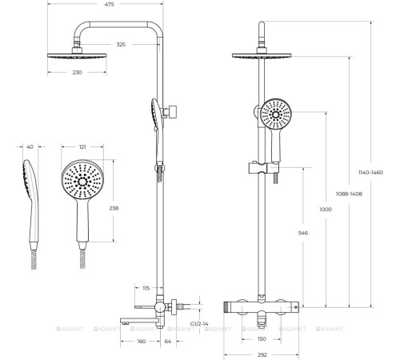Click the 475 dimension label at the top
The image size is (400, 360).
110,4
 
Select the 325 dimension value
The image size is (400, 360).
121,45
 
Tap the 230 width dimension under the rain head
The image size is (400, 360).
77,72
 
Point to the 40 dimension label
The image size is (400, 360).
30,146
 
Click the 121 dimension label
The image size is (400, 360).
82,146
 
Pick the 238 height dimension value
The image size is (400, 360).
114,208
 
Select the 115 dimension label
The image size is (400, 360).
146,288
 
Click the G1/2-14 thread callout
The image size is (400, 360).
199,324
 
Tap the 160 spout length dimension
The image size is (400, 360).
142,342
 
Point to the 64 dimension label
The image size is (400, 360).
168,342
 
